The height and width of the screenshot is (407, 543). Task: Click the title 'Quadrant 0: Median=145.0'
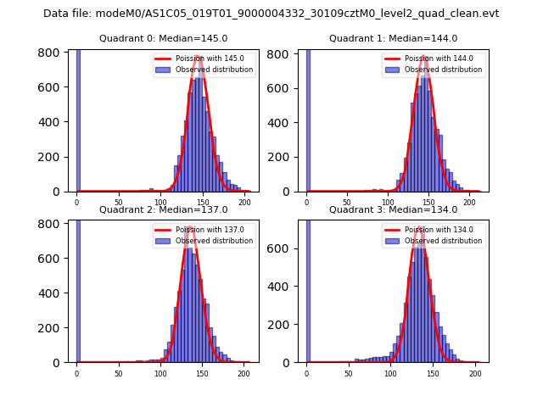pos(164,38)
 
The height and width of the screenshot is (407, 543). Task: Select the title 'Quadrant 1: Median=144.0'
pos(394,38)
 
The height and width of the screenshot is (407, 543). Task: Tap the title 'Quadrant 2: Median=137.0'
pos(164,209)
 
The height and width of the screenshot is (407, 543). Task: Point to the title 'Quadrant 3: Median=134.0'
pos(394,209)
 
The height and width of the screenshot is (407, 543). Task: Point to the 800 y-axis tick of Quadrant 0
pos(52,53)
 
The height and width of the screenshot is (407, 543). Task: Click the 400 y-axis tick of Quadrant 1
pos(281,122)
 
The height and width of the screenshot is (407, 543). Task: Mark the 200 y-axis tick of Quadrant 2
pos(52,327)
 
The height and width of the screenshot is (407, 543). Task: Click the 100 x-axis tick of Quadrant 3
pos(390,372)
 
